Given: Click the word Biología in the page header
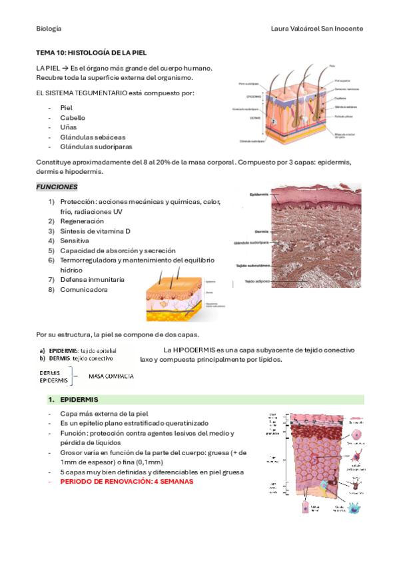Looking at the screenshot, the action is tap(49, 29).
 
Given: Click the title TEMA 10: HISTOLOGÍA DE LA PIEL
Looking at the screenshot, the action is tap(91, 52).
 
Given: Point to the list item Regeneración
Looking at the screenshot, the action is tap(82, 221).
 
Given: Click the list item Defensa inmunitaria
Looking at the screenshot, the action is tap(92, 280).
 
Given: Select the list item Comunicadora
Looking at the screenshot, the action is tap(83, 290).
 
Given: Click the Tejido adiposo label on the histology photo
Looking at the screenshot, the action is tap(256, 281).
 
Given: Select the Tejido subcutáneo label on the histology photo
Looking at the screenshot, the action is tap(251, 266).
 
